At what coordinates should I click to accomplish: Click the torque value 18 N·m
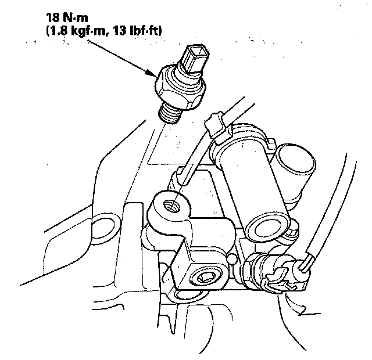pyautogui.click(x=67, y=17)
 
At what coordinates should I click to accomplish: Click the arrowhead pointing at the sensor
pyautogui.click(x=152, y=73)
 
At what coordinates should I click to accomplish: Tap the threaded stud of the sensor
pyautogui.click(x=170, y=114)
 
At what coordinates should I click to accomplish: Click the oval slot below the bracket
pyautogui.click(x=191, y=296)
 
